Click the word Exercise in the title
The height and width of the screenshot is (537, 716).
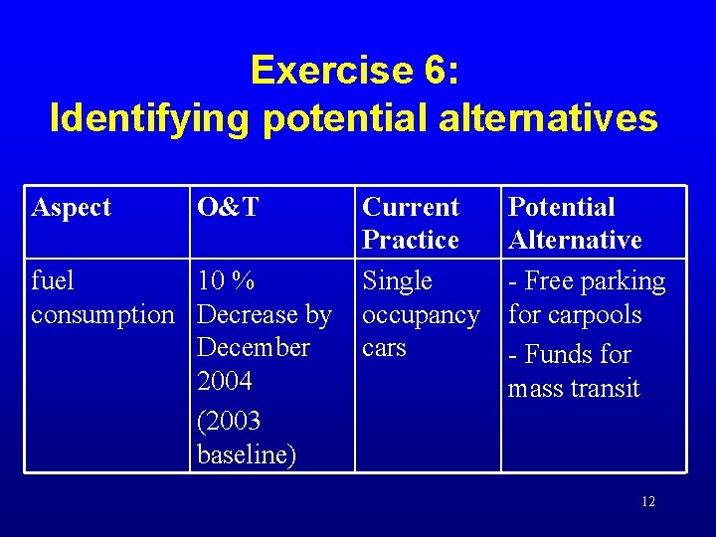333,70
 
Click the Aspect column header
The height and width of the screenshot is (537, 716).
72,207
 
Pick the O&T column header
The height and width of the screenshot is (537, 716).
228,207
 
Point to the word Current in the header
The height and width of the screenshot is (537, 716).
411,207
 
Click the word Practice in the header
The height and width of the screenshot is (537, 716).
411,240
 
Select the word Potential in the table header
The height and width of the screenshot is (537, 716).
562,207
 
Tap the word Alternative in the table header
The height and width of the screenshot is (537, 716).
575,240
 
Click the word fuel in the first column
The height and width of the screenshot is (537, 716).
53,280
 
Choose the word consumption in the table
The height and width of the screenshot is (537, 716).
102,314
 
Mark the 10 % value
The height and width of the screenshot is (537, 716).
227,280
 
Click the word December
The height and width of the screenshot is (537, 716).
254,348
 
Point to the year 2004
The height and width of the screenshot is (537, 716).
225,381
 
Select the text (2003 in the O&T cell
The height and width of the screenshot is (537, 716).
229,421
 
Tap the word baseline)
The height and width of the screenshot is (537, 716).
245,453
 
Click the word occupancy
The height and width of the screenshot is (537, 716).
421,314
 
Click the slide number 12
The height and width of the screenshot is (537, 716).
648,501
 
